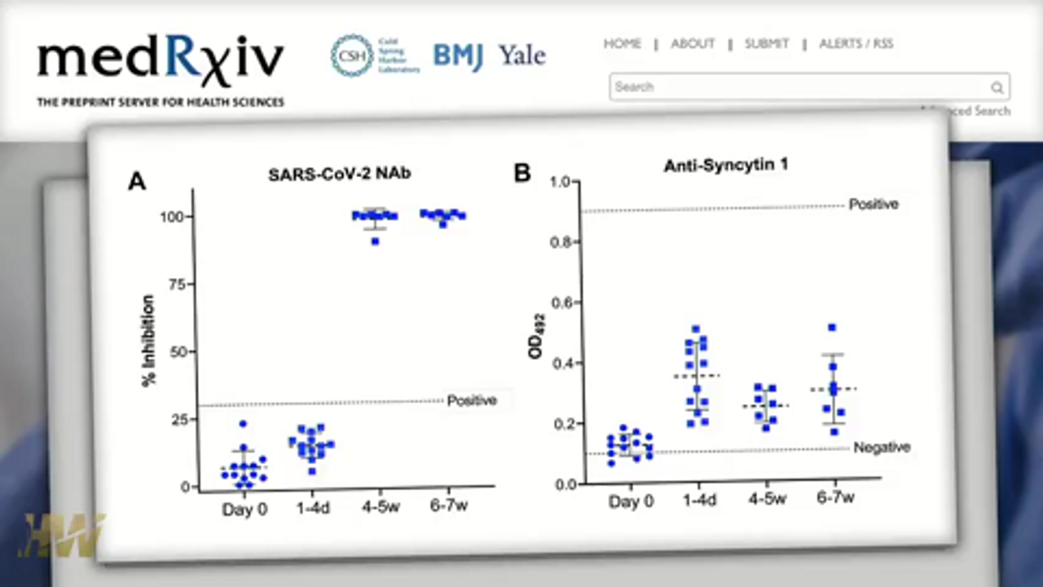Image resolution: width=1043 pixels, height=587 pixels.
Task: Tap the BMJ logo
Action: point(458,55)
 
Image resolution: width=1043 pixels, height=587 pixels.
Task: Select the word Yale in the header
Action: point(522,55)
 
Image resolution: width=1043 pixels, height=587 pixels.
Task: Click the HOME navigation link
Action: point(622,44)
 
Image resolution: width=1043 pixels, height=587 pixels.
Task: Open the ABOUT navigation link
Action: point(693,44)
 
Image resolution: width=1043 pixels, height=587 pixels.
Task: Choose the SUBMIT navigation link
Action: point(767,44)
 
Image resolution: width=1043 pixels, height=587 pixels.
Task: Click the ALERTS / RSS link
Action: point(856,44)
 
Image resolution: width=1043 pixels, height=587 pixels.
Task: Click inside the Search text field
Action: point(799,86)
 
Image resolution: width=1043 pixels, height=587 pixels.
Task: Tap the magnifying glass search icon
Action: point(997,87)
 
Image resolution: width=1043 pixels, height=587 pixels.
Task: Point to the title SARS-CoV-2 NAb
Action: point(328,174)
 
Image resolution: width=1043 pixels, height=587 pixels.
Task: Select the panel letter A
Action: point(137,181)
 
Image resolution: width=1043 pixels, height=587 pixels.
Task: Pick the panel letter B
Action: point(521,173)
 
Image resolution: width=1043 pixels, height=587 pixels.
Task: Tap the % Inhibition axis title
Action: point(149,341)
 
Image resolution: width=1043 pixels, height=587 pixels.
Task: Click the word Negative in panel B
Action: point(882,448)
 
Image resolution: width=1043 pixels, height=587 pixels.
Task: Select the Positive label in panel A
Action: point(472,400)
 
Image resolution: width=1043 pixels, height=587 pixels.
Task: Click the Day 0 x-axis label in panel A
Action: point(244,510)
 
